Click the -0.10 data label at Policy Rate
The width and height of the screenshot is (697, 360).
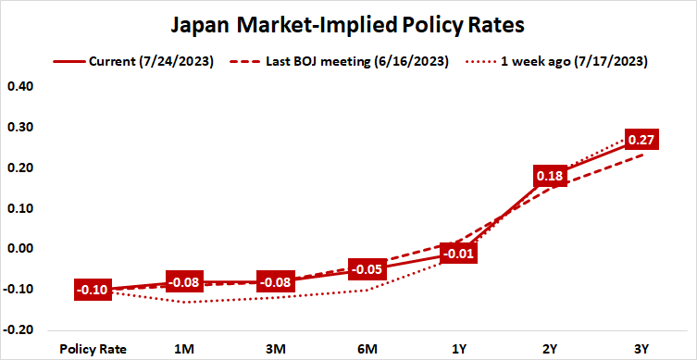coord(93,290)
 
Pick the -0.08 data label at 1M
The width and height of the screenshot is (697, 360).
coord(184,281)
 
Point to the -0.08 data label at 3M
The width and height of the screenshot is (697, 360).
coord(276,281)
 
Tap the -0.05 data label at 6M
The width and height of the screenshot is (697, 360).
coord(367,269)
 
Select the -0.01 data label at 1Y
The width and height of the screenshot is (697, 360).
coord(459,254)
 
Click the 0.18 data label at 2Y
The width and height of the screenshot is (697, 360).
coord(551,176)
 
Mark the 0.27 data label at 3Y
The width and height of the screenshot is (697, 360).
coord(641,140)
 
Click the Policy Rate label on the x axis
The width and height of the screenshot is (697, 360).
coord(93,349)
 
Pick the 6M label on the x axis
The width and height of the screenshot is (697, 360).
coord(367,349)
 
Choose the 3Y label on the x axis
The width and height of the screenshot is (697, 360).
coord(641,349)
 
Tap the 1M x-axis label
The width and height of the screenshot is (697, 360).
coord(184,349)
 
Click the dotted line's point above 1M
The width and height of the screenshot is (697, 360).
coord(184,302)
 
